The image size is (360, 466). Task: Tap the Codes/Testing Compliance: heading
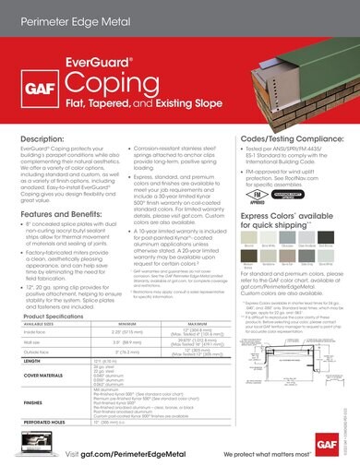click(x=289, y=138)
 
